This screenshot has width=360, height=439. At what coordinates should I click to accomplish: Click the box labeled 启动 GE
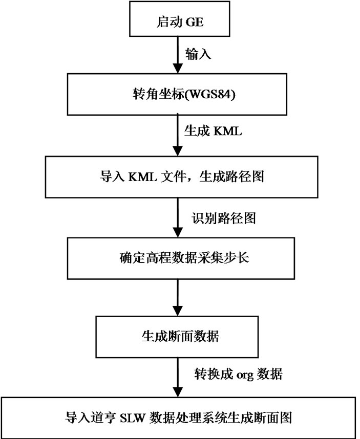pyautogui.click(x=179, y=23)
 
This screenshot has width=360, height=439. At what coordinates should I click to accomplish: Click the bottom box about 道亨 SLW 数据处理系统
pyautogui.click(x=179, y=416)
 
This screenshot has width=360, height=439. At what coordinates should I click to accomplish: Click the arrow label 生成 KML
pyautogui.click(x=213, y=132)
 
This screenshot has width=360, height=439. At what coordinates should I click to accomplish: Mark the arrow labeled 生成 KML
pyautogui.click(x=177, y=136)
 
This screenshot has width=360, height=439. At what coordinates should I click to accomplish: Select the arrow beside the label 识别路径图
pyautogui.click(x=177, y=217)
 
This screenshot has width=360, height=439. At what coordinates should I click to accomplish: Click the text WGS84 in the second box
pyautogui.click(x=210, y=96)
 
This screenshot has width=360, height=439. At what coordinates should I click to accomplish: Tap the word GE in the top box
pyautogui.click(x=195, y=23)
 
